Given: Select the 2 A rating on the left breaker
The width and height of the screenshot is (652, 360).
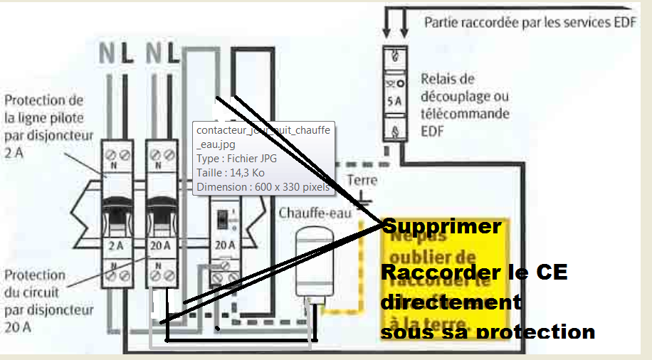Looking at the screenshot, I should click(115, 247).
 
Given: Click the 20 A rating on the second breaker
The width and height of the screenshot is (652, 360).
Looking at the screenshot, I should click(161, 247).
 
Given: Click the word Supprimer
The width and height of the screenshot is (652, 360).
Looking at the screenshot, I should click(441, 227).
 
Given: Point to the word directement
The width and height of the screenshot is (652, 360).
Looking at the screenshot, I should click(451, 302).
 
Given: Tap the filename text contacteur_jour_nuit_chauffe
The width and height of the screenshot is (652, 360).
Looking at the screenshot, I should click(263, 131).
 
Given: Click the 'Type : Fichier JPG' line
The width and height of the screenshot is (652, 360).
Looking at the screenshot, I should click(236, 159).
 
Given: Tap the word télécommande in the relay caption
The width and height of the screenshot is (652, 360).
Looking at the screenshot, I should click(463, 113).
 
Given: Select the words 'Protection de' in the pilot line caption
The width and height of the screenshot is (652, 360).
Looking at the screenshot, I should click(43, 100).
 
